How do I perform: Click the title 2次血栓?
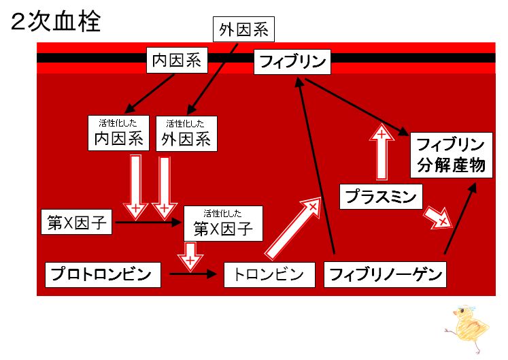point(56,21)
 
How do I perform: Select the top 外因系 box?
point(243,29)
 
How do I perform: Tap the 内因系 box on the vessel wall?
point(177,61)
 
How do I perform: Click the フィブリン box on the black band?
point(292,62)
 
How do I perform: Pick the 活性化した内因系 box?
point(118,133)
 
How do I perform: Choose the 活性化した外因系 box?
point(186,133)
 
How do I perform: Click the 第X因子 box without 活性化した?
point(76,222)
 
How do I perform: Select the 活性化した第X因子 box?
point(223,223)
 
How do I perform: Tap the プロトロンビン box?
point(103,275)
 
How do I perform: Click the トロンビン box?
point(269,275)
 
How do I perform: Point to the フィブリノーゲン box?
point(385,275)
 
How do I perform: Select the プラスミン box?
point(381,197)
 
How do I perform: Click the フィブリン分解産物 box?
point(452,155)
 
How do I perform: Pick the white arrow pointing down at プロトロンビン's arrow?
point(190,257)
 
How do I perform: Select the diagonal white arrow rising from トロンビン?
point(292,229)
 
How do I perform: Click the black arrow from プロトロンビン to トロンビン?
point(192,274)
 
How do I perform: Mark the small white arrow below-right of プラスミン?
point(438,217)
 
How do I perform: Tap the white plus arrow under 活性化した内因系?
point(136,188)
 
